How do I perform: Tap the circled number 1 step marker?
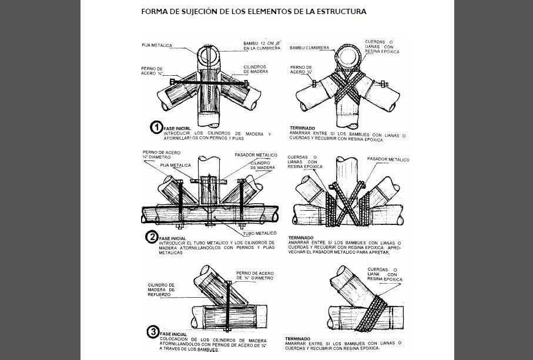pos(157,127)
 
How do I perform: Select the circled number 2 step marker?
pos(152,238)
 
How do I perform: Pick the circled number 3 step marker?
pos(152,333)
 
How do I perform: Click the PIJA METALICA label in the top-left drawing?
pos(157,45)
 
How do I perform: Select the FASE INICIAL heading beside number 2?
pos(173,238)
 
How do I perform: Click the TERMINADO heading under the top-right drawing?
pos(303,127)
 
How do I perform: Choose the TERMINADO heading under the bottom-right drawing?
pos(298,338)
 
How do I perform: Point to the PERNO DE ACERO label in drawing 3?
pos(254,275)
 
